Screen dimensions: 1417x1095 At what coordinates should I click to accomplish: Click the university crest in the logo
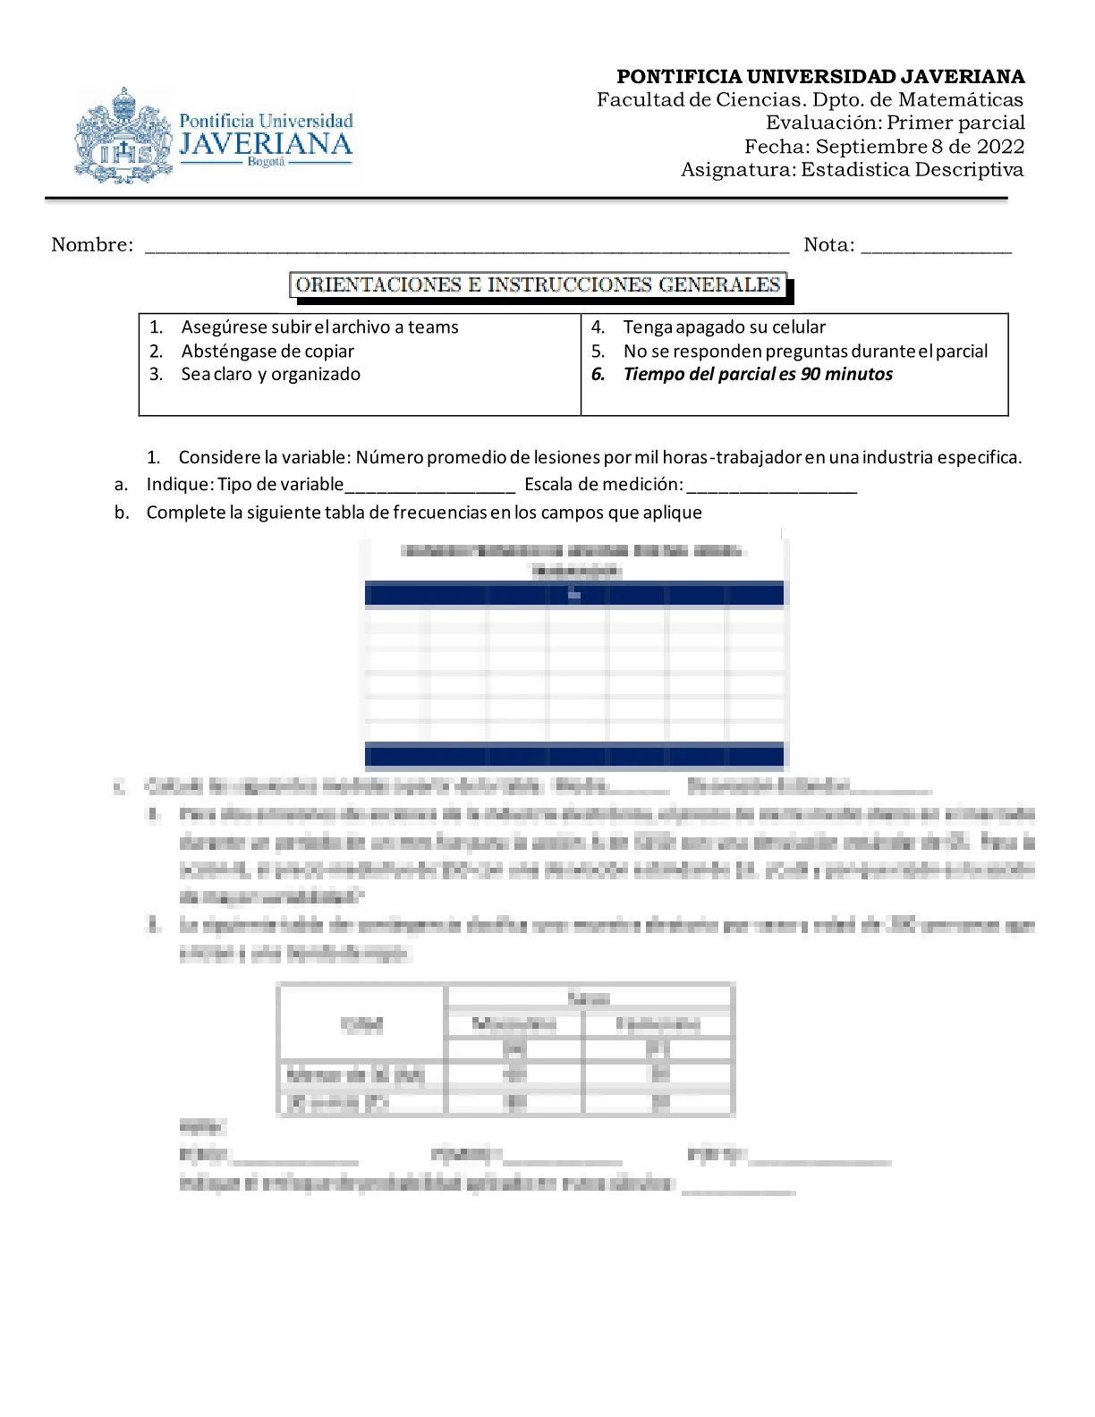pos(123,136)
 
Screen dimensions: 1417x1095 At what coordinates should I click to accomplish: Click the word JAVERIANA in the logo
pos(266,144)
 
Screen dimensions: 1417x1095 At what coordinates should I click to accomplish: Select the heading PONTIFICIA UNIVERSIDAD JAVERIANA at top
pos(820,77)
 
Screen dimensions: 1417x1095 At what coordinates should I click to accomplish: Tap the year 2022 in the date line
pos(1000,147)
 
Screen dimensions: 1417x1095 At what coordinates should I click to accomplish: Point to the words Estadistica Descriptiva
pos(912,170)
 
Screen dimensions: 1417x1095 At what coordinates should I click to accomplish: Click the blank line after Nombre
pos(466,247)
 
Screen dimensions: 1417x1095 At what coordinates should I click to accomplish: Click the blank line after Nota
pos(936,247)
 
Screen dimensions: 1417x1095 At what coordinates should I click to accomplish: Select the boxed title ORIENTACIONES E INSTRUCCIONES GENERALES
pos(538,285)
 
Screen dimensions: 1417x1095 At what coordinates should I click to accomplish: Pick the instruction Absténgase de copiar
pos(267,352)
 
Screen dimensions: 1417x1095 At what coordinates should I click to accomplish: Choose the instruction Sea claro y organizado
pos(270,375)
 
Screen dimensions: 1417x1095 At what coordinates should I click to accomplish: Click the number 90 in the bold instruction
pos(811,375)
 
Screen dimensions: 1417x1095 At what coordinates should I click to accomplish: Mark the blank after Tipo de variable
pos(429,487)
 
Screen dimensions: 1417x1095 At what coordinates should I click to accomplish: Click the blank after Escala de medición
pos(771,487)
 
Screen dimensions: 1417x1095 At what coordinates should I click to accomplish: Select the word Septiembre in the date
pos(870,147)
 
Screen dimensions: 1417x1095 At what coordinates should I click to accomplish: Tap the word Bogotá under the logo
pos(266,162)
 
